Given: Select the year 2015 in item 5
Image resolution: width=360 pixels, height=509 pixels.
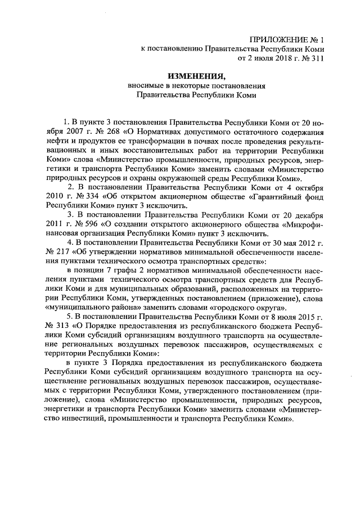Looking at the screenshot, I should pyautogui.click(x=300, y=316).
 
